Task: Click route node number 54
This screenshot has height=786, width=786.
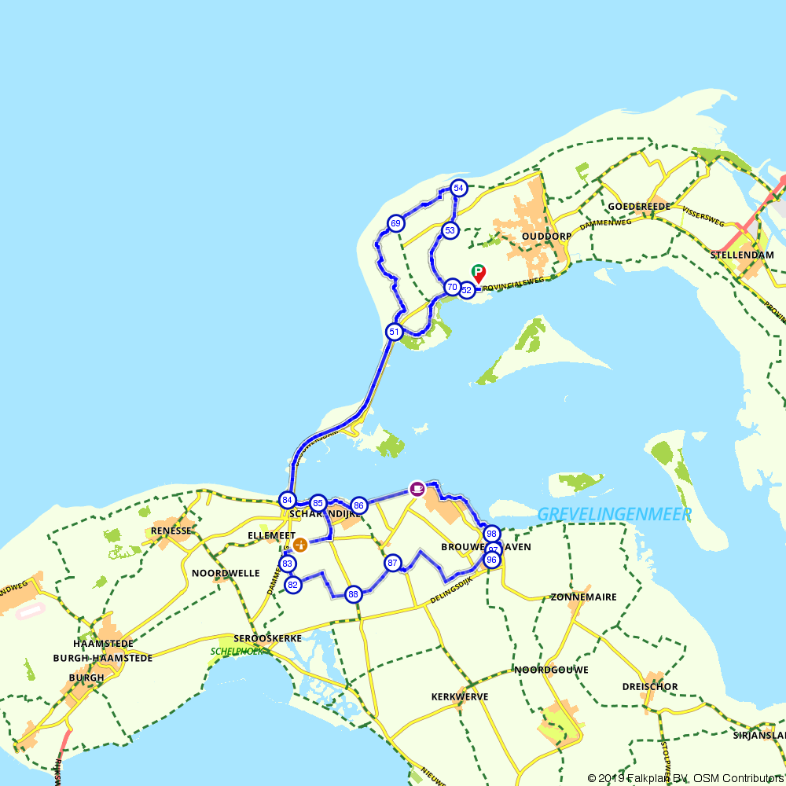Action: pyautogui.click(x=459, y=188)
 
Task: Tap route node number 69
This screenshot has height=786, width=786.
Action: pyautogui.click(x=395, y=223)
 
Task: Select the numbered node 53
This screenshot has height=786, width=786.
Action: pyautogui.click(x=450, y=230)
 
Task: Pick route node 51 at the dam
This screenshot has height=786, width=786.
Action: pyautogui.click(x=394, y=332)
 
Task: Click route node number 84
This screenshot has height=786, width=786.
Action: pyautogui.click(x=288, y=500)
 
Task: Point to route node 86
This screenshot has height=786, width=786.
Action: pyautogui.click(x=358, y=505)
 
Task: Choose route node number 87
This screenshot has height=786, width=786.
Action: pyautogui.click(x=392, y=563)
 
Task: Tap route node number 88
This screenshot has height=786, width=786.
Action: pyautogui.click(x=353, y=594)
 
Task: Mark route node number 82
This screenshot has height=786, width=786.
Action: pyautogui.click(x=292, y=585)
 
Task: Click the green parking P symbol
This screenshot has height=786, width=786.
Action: pyautogui.click(x=477, y=271)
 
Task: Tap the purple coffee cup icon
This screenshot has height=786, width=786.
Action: pyautogui.click(x=417, y=488)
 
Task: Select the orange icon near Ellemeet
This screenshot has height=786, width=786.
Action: pyautogui.click(x=299, y=544)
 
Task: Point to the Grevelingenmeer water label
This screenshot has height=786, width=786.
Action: pyautogui.click(x=614, y=514)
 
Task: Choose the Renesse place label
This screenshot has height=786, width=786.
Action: pyautogui.click(x=171, y=531)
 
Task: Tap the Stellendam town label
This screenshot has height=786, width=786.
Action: pyautogui.click(x=742, y=255)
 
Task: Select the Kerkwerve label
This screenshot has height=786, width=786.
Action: pyautogui.click(x=460, y=697)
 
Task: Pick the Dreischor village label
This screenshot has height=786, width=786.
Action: pyautogui.click(x=650, y=687)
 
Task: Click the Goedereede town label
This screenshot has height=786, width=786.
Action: pyautogui.click(x=639, y=206)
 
